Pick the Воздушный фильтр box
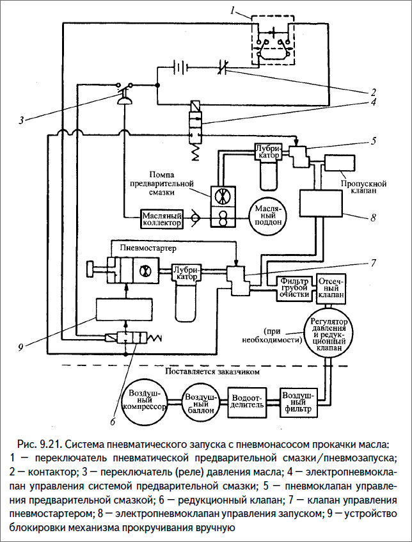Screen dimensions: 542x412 297,401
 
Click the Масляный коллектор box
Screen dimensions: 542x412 162,220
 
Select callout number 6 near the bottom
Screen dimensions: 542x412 113,422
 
